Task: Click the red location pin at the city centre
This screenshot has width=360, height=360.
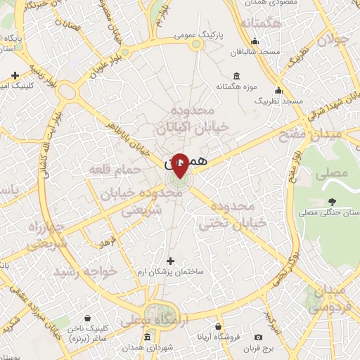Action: (180, 165)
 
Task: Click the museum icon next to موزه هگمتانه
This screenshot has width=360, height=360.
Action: (236, 76)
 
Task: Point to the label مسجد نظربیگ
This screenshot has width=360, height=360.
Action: (279, 102)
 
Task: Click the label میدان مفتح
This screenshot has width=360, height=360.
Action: (328, 133)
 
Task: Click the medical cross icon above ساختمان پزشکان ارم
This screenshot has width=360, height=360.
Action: (169, 262)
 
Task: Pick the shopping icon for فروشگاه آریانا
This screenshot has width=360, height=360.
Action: (219, 327)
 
